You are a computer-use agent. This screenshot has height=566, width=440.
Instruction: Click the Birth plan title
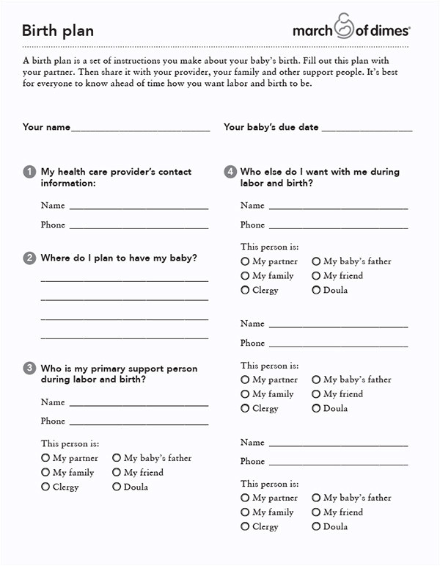click(x=58, y=31)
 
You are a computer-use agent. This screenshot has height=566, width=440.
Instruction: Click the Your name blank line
click(x=140, y=130)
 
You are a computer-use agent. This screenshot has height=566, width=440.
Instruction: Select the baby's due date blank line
click(x=367, y=130)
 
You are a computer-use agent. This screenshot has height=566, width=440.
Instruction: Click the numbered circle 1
click(x=29, y=172)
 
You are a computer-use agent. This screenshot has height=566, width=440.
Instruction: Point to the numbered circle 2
click(x=29, y=258)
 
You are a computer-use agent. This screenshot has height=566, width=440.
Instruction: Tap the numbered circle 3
click(x=29, y=369)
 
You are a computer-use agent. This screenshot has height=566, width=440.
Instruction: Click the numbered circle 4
click(x=230, y=172)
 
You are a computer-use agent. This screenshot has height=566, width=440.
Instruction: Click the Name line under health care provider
click(x=139, y=208)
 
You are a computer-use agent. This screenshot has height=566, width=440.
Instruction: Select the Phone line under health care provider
click(x=139, y=228)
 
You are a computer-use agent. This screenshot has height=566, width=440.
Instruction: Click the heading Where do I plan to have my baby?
click(x=119, y=258)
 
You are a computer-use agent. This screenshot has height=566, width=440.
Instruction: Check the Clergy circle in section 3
click(x=45, y=487)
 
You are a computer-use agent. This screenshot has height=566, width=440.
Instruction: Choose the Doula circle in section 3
click(x=117, y=487)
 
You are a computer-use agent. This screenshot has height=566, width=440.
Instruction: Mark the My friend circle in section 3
click(x=117, y=472)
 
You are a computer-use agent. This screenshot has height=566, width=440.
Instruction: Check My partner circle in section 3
click(x=45, y=457)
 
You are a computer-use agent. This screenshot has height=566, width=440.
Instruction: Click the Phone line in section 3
click(x=139, y=424)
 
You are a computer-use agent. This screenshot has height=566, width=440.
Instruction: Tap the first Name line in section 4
click(x=338, y=208)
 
